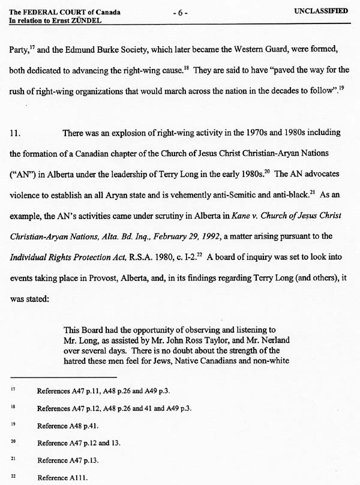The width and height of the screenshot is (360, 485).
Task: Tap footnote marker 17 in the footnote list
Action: coord(13,390)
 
